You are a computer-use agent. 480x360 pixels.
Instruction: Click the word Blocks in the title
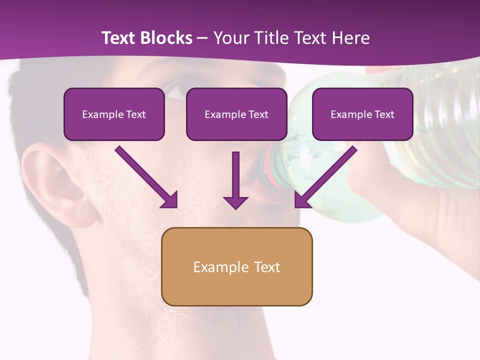[x=165, y=38]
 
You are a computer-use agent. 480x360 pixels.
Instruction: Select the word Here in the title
[x=350, y=38]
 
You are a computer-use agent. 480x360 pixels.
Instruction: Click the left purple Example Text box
[x=114, y=114]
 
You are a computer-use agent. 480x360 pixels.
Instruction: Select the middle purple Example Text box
[x=236, y=114]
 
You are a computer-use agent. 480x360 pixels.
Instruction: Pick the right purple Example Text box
[x=362, y=114]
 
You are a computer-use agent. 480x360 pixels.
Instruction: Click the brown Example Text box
[x=236, y=266]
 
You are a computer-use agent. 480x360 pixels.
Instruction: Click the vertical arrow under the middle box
[x=235, y=175]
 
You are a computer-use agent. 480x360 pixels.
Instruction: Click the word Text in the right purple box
[x=384, y=114]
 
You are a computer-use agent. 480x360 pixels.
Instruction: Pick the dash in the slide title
[x=202, y=38]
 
